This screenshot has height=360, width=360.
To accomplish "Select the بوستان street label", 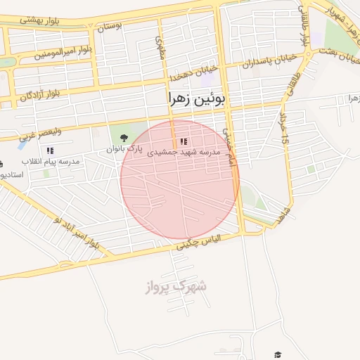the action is [x=110, y=27].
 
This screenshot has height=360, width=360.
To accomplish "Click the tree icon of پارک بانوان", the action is [x=124, y=137].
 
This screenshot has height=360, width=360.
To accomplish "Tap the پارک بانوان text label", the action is [x=124, y=149].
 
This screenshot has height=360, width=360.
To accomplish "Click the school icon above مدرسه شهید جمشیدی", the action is [x=184, y=141].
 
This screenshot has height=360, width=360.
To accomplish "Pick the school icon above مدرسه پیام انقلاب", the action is [x=50, y=150].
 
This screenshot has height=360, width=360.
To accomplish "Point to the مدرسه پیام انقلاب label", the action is [x=51, y=161].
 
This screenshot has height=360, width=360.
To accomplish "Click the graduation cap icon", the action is [x=278, y=354].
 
